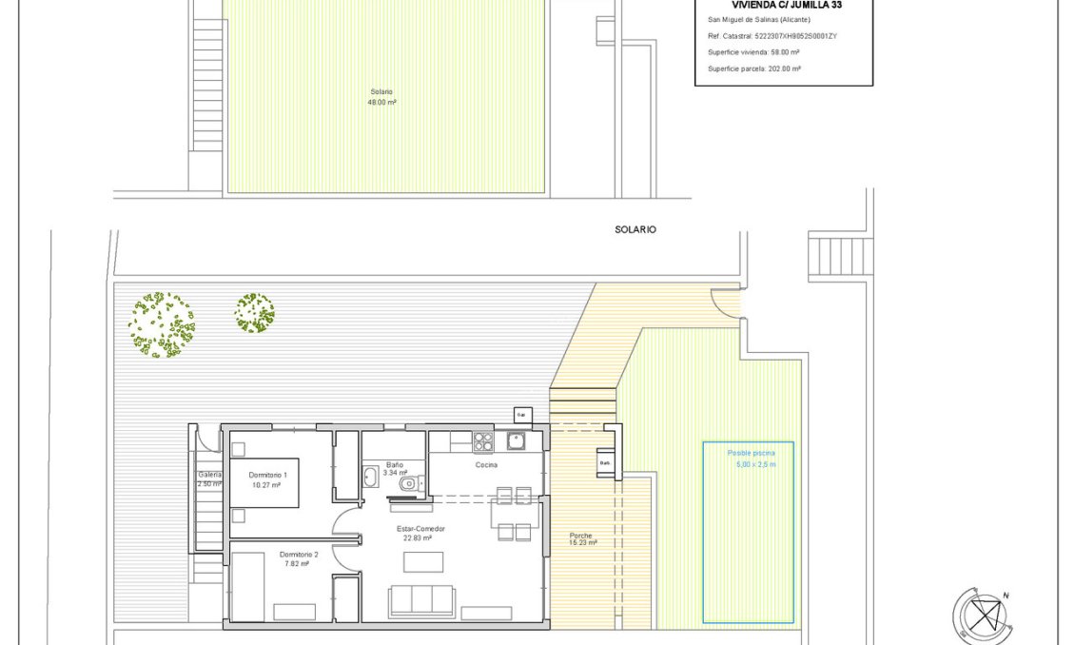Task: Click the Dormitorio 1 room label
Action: (x=267, y=474)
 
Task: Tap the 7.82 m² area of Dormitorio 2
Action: (x=298, y=564)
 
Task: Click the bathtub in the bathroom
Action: (x=370, y=476)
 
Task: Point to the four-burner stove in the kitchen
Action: (x=483, y=441)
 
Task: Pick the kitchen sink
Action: (x=516, y=440)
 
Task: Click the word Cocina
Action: (x=486, y=465)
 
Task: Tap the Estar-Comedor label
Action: (x=420, y=528)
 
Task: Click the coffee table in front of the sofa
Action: (x=422, y=562)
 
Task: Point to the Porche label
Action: (x=581, y=535)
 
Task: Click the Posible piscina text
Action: (x=751, y=454)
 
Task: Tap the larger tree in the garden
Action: (x=161, y=324)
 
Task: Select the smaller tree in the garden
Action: (x=254, y=313)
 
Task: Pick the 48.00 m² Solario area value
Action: (x=381, y=102)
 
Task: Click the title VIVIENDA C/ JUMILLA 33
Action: (x=785, y=5)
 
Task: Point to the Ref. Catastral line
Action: (x=772, y=35)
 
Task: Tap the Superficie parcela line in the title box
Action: (x=753, y=68)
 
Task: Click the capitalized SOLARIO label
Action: (x=635, y=230)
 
